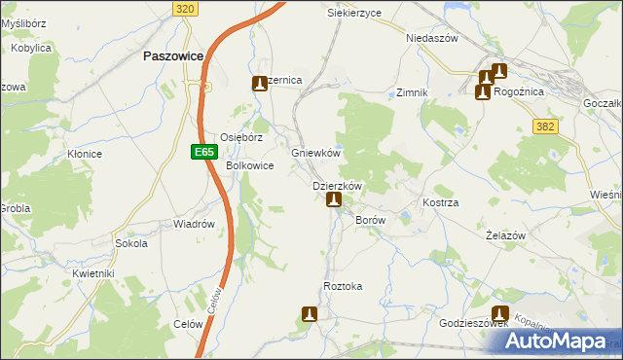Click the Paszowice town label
pyautogui.click(x=172, y=56)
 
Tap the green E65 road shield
pyautogui.click(x=202, y=152)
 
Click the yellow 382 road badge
pyautogui.click(x=545, y=126)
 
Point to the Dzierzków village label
pyautogui.click(x=337, y=186)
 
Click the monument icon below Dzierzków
pyautogui.click(x=334, y=200)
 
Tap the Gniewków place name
pyautogui.click(x=315, y=154)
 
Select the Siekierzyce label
pyautogui.click(x=354, y=13)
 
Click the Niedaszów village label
pyautogui.click(x=431, y=39)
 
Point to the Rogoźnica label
pyautogui.click(x=518, y=92)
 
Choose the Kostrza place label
pyautogui.click(x=440, y=202)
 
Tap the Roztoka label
pyautogui.click(x=343, y=286)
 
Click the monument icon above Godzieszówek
pyautogui.click(x=500, y=313)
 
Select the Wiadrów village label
pyautogui.click(x=194, y=224)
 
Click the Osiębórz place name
pyautogui.click(x=241, y=138)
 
